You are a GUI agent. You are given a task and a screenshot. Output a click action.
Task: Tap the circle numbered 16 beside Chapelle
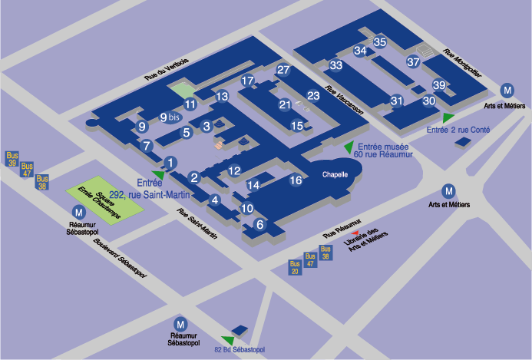[x=296, y=180]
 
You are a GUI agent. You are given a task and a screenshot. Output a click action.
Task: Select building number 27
[x=283, y=71]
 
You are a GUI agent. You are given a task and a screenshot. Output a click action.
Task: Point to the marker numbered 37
[x=413, y=61]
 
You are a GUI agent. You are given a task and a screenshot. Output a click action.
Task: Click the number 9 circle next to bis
[x=164, y=117]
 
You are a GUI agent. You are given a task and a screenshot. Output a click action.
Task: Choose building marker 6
[x=259, y=224]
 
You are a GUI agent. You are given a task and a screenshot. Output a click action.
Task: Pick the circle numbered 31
[x=397, y=100]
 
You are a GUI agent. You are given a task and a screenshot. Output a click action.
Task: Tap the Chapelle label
[x=335, y=174]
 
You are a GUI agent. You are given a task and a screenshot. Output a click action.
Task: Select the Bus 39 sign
[x=12, y=158]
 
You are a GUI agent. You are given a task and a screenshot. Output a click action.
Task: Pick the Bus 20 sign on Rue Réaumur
[x=295, y=267]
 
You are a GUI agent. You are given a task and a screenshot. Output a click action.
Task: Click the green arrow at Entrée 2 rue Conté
[x=448, y=117]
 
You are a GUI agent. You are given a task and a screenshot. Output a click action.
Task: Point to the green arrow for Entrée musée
[x=349, y=146]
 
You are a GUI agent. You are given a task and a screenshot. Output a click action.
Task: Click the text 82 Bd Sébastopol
[x=238, y=351]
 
